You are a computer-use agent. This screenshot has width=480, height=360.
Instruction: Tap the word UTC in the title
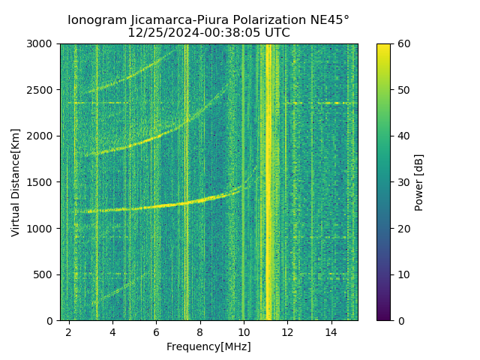coord(277,33)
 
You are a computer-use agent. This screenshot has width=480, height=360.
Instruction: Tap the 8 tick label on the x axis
coord(200,331)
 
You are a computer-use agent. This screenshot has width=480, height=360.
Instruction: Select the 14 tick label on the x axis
coord(331,331)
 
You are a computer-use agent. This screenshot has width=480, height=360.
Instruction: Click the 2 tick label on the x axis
coord(69,331)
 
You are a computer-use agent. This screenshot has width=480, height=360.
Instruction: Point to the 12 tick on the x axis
coord(287,331)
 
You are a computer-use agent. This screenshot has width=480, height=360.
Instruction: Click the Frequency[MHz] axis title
coord(208,346)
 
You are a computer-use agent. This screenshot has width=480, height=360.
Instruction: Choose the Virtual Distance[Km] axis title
coord(16,182)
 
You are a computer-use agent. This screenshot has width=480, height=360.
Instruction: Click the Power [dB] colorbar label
coord(419,182)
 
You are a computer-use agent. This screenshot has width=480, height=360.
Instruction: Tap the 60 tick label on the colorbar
coord(403,44)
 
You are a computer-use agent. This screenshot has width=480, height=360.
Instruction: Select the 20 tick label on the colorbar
coord(403,228)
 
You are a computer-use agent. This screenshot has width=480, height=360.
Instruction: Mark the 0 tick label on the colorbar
coord(400,320)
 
